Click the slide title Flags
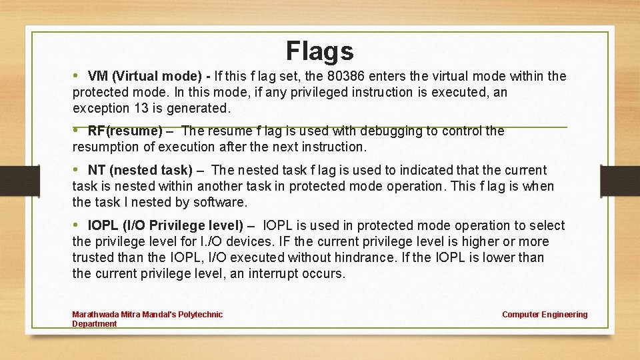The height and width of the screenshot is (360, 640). click(x=319, y=51)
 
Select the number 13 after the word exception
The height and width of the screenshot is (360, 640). click(x=151, y=108)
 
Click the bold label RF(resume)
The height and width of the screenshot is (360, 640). click(x=125, y=131)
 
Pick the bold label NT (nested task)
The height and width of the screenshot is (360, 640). click(x=140, y=170)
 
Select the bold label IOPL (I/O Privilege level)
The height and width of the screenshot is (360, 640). click(x=165, y=225)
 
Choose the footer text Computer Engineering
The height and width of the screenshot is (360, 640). click(x=545, y=315)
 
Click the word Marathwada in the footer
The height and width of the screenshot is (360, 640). click(x=93, y=315)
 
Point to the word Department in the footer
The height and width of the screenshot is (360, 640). click(x=94, y=324)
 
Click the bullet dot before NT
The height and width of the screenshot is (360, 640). click(x=76, y=170)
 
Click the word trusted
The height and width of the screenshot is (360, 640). click(x=94, y=257)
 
